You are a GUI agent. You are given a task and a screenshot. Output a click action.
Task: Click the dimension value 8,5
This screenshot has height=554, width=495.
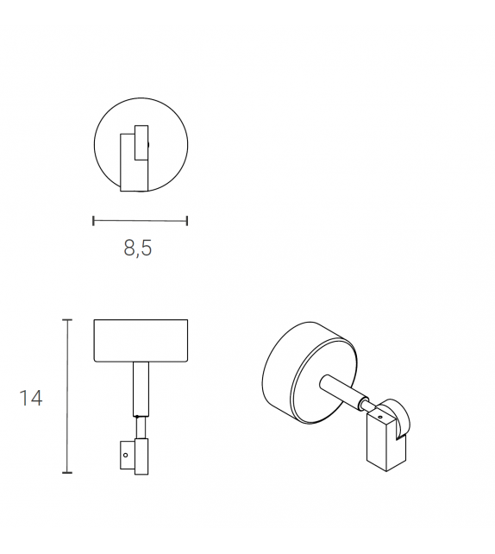pyautogui.click(x=138, y=249)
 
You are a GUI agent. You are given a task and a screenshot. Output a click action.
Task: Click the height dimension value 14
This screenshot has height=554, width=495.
pyautogui.click(x=31, y=398)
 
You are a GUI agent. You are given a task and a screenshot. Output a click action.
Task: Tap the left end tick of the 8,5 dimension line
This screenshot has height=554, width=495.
pyautogui.click(x=93, y=221)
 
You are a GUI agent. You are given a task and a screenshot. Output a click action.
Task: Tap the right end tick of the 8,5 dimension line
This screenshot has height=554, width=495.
pyautogui.click(x=187, y=221)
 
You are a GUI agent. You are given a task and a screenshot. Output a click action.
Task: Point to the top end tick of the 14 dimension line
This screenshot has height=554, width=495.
pyautogui.click(x=67, y=320)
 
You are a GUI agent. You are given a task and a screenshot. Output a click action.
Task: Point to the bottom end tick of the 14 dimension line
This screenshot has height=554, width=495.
pyautogui.click(x=67, y=473)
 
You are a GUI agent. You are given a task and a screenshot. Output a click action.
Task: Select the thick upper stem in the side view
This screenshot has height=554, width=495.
pyautogui.click(x=140, y=388)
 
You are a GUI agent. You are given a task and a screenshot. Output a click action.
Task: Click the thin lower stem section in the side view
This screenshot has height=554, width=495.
pyautogui.click(x=141, y=428)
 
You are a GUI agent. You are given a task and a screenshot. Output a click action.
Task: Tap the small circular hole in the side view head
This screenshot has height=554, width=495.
pyautogui.click(x=124, y=452)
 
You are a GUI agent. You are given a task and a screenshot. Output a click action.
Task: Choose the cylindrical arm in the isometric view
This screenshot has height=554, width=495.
pyautogui.click(x=341, y=392)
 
